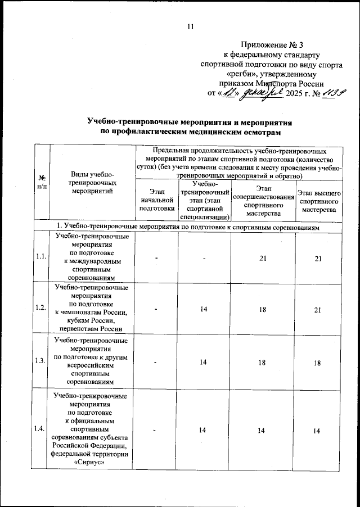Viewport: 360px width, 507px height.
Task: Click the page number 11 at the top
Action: pos(190,26)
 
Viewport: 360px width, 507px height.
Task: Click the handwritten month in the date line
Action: pos(258,93)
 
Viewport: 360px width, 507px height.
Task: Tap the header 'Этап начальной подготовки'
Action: pos(156,201)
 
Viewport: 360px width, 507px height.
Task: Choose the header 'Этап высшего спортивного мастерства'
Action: pos(318,201)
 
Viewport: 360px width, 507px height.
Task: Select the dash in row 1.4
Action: pos(156,430)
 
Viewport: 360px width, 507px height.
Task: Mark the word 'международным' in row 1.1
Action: pos(92,261)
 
